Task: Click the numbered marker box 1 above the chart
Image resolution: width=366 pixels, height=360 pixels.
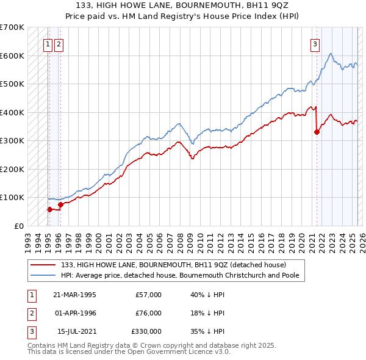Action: [x=48, y=43]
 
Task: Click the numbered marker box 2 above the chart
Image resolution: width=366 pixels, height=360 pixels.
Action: [x=58, y=43]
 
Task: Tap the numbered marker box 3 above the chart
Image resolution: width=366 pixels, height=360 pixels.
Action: [x=315, y=43]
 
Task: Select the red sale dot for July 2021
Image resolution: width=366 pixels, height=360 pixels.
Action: [x=317, y=132]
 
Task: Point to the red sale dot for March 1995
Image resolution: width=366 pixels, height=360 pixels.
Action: [x=49, y=209]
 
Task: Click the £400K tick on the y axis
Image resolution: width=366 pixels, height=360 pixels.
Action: [x=13, y=112]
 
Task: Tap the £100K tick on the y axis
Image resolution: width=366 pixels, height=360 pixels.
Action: [x=13, y=197]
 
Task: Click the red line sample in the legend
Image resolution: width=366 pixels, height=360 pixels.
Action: [x=43, y=265]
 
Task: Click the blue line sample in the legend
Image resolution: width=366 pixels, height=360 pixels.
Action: [x=43, y=275]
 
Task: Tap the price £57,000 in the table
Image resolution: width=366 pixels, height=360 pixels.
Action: [x=149, y=295]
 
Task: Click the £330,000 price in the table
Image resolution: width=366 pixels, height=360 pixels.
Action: [x=146, y=331]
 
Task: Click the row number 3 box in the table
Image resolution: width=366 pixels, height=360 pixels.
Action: [x=30, y=331]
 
